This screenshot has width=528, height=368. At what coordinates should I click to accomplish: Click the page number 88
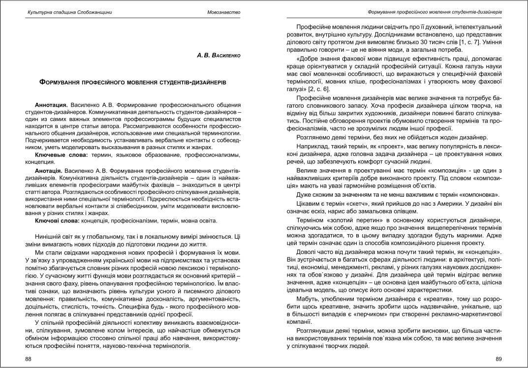tap(29, 360)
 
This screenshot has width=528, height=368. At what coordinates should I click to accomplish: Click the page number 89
tap(498, 360)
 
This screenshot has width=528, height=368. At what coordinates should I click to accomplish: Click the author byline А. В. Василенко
tap(218, 56)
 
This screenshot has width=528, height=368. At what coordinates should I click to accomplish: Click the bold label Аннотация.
tap(51, 105)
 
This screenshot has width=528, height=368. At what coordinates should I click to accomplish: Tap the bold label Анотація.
tap(50, 169)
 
